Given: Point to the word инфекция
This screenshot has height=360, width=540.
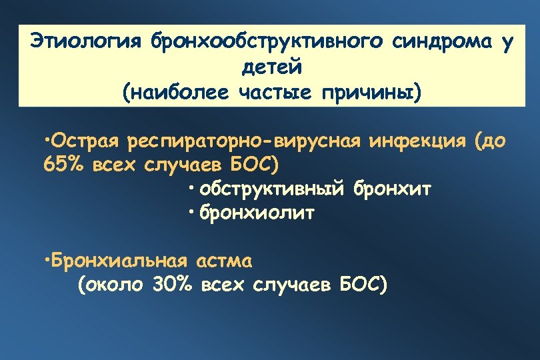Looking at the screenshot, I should click(x=414, y=141).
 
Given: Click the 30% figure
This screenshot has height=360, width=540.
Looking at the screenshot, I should click(x=172, y=285).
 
